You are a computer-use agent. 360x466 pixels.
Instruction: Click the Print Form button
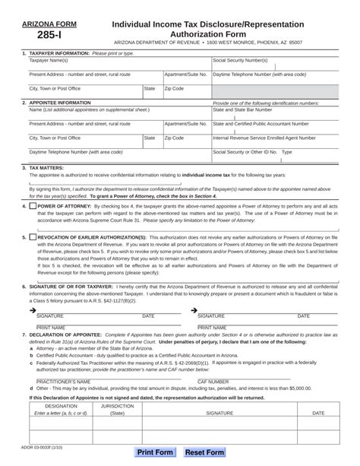pos(155,453)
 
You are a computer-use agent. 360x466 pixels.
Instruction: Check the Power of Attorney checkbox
pos(31,206)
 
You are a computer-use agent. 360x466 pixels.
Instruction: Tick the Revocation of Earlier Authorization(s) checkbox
pos(31,237)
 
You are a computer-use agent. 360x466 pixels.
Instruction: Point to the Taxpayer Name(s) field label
pos(48,59)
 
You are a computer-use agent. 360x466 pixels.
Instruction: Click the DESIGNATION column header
pos(61,406)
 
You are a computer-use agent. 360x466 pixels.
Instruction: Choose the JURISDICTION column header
pos(118,406)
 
